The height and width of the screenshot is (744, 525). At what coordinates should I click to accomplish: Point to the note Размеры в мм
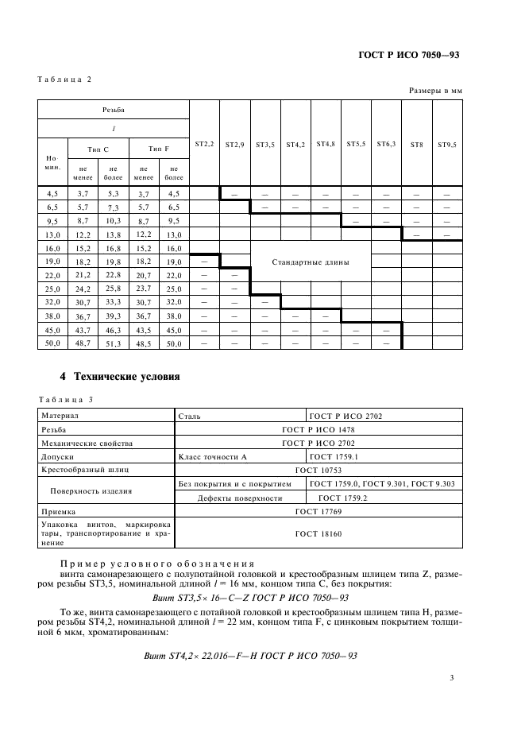(435, 91)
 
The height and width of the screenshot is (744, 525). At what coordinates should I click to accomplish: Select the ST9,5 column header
(446, 145)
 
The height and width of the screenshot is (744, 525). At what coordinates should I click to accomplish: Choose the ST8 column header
(416, 145)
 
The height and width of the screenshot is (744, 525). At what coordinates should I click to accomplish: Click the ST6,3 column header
(387, 145)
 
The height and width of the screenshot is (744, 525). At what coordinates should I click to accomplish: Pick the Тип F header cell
(158, 149)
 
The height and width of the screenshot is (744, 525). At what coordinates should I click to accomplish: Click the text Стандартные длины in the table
(310, 262)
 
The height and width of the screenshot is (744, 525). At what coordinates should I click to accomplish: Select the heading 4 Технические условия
(121, 375)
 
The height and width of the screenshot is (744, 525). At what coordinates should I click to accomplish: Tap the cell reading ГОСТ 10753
(317, 471)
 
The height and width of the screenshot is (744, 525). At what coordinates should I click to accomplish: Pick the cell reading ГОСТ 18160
(317, 534)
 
